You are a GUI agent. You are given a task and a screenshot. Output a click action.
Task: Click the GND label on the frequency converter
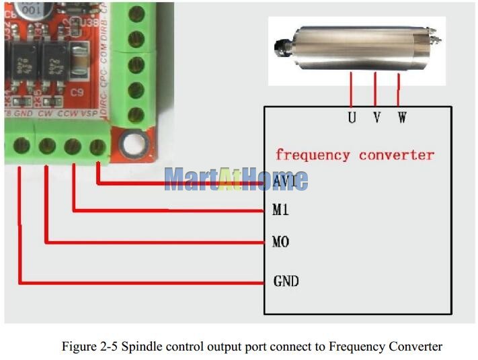pyautogui.click(x=286, y=281)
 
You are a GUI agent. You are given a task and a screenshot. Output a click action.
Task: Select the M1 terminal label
pyautogui.click(x=280, y=210)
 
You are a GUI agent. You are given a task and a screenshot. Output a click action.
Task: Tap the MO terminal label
pyautogui.click(x=280, y=241)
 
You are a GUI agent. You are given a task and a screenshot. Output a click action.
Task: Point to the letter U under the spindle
pyautogui.click(x=352, y=118)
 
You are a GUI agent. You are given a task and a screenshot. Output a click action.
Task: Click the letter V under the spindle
pyautogui.click(x=376, y=118)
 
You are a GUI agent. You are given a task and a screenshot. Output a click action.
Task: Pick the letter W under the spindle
pyautogui.click(x=401, y=118)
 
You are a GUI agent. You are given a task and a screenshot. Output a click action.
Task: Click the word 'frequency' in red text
pyautogui.click(x=313, y=155)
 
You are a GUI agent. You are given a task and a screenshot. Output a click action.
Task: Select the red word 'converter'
pyautogui.click(x=397, y=155)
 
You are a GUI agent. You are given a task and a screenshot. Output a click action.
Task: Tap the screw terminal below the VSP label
pyautogui.click(x=98, y=145)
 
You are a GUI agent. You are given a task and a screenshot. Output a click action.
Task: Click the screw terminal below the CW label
pyautogui.click(x=47, y=145)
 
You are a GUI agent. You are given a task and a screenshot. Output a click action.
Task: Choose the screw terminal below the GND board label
pyautogui.click(x=21, y=145)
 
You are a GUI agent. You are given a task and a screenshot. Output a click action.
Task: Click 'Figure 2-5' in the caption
pyautogui.click(x=86, y=347)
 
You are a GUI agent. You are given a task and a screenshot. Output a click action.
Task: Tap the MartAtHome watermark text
pyautogui.click(x=235, y=179)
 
